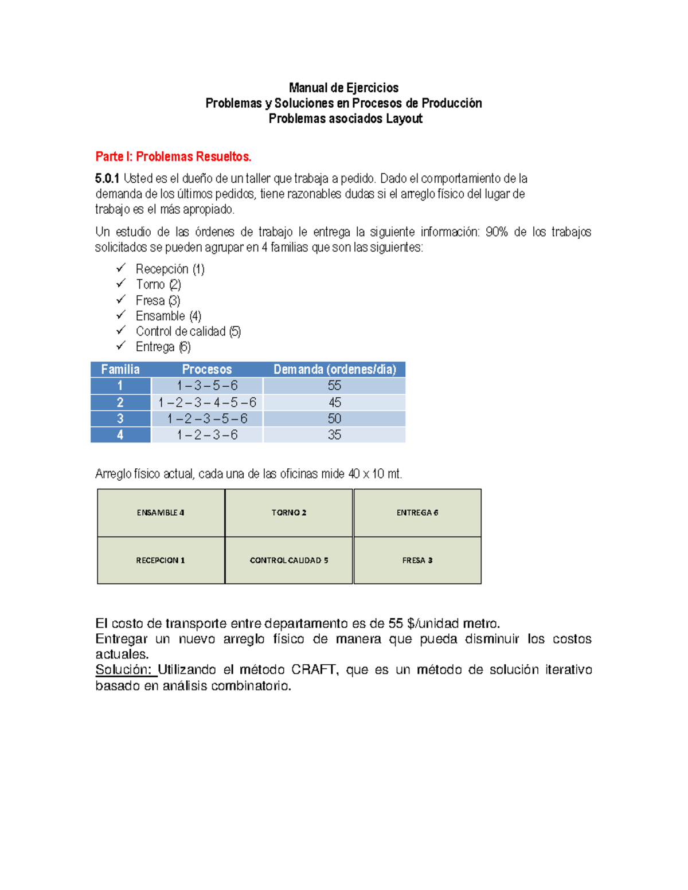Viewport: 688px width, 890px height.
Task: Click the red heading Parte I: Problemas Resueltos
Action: point(173,156)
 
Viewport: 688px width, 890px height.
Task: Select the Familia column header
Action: point(120,370)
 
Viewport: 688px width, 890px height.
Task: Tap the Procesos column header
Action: point(207,370)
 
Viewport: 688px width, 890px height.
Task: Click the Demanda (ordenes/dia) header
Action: point(334,370)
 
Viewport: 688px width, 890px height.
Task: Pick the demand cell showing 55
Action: point(334,386)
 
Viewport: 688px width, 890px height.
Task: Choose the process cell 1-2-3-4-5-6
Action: point(207,402)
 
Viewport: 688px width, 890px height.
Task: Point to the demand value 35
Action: point(334,435)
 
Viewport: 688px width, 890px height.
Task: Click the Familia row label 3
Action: point(120,419)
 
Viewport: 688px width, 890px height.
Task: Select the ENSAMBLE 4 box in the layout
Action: point(161,513)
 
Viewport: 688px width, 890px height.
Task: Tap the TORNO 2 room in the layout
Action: point(289,513)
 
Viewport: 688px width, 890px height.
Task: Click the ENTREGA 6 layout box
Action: point(417,513)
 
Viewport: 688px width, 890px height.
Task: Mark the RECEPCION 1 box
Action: point(161,560)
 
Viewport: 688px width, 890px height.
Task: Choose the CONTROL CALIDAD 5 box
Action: point(289,560)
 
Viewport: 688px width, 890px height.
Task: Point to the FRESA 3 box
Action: point(417,560)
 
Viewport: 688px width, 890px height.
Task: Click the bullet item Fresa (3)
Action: point(158,300)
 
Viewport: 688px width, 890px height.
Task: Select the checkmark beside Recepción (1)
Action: point(121,268)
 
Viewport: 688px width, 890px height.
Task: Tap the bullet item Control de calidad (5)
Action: point(188,331)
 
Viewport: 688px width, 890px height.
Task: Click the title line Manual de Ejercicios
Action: point(343,88)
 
